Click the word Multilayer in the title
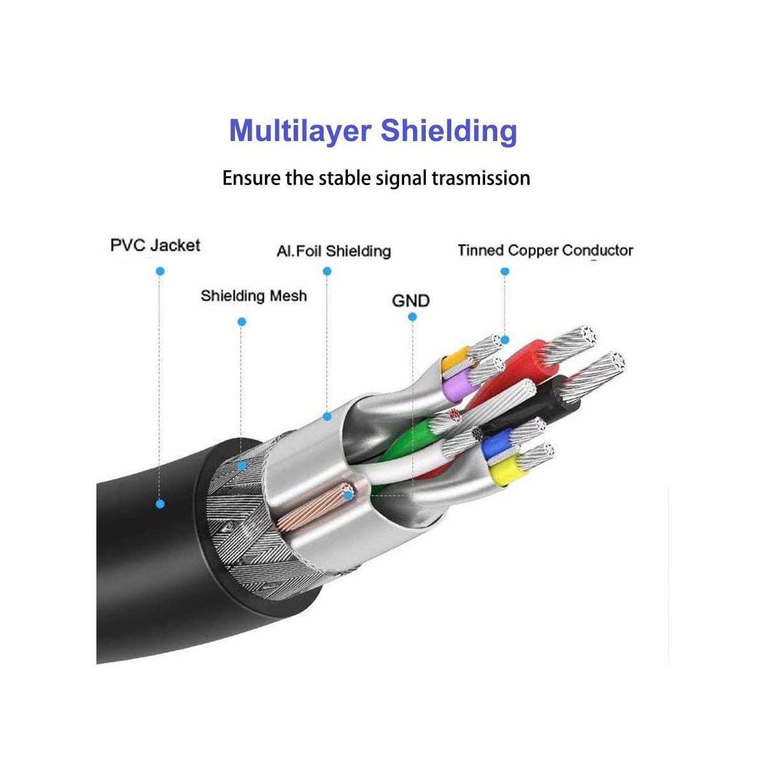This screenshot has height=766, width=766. (x=300, y=131)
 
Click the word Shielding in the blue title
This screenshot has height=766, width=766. (x=449, y=131)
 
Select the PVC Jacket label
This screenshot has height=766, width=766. (x=155, y=245)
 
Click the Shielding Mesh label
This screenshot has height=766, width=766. (x=253, y=296)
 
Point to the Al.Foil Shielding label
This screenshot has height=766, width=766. (x=334, y=251)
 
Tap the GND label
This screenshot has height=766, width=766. (x=410, y=301)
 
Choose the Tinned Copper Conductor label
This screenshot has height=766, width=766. (x=545, y=250)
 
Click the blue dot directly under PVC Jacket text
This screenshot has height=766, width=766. (x=160, y=271)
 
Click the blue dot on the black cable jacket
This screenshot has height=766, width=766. (x=160, y=504)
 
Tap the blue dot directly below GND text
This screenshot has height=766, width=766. (x=412, y=317)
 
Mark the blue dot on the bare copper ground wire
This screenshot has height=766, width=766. (x=349, y=495)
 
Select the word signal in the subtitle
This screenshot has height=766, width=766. (x=401, y=179)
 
